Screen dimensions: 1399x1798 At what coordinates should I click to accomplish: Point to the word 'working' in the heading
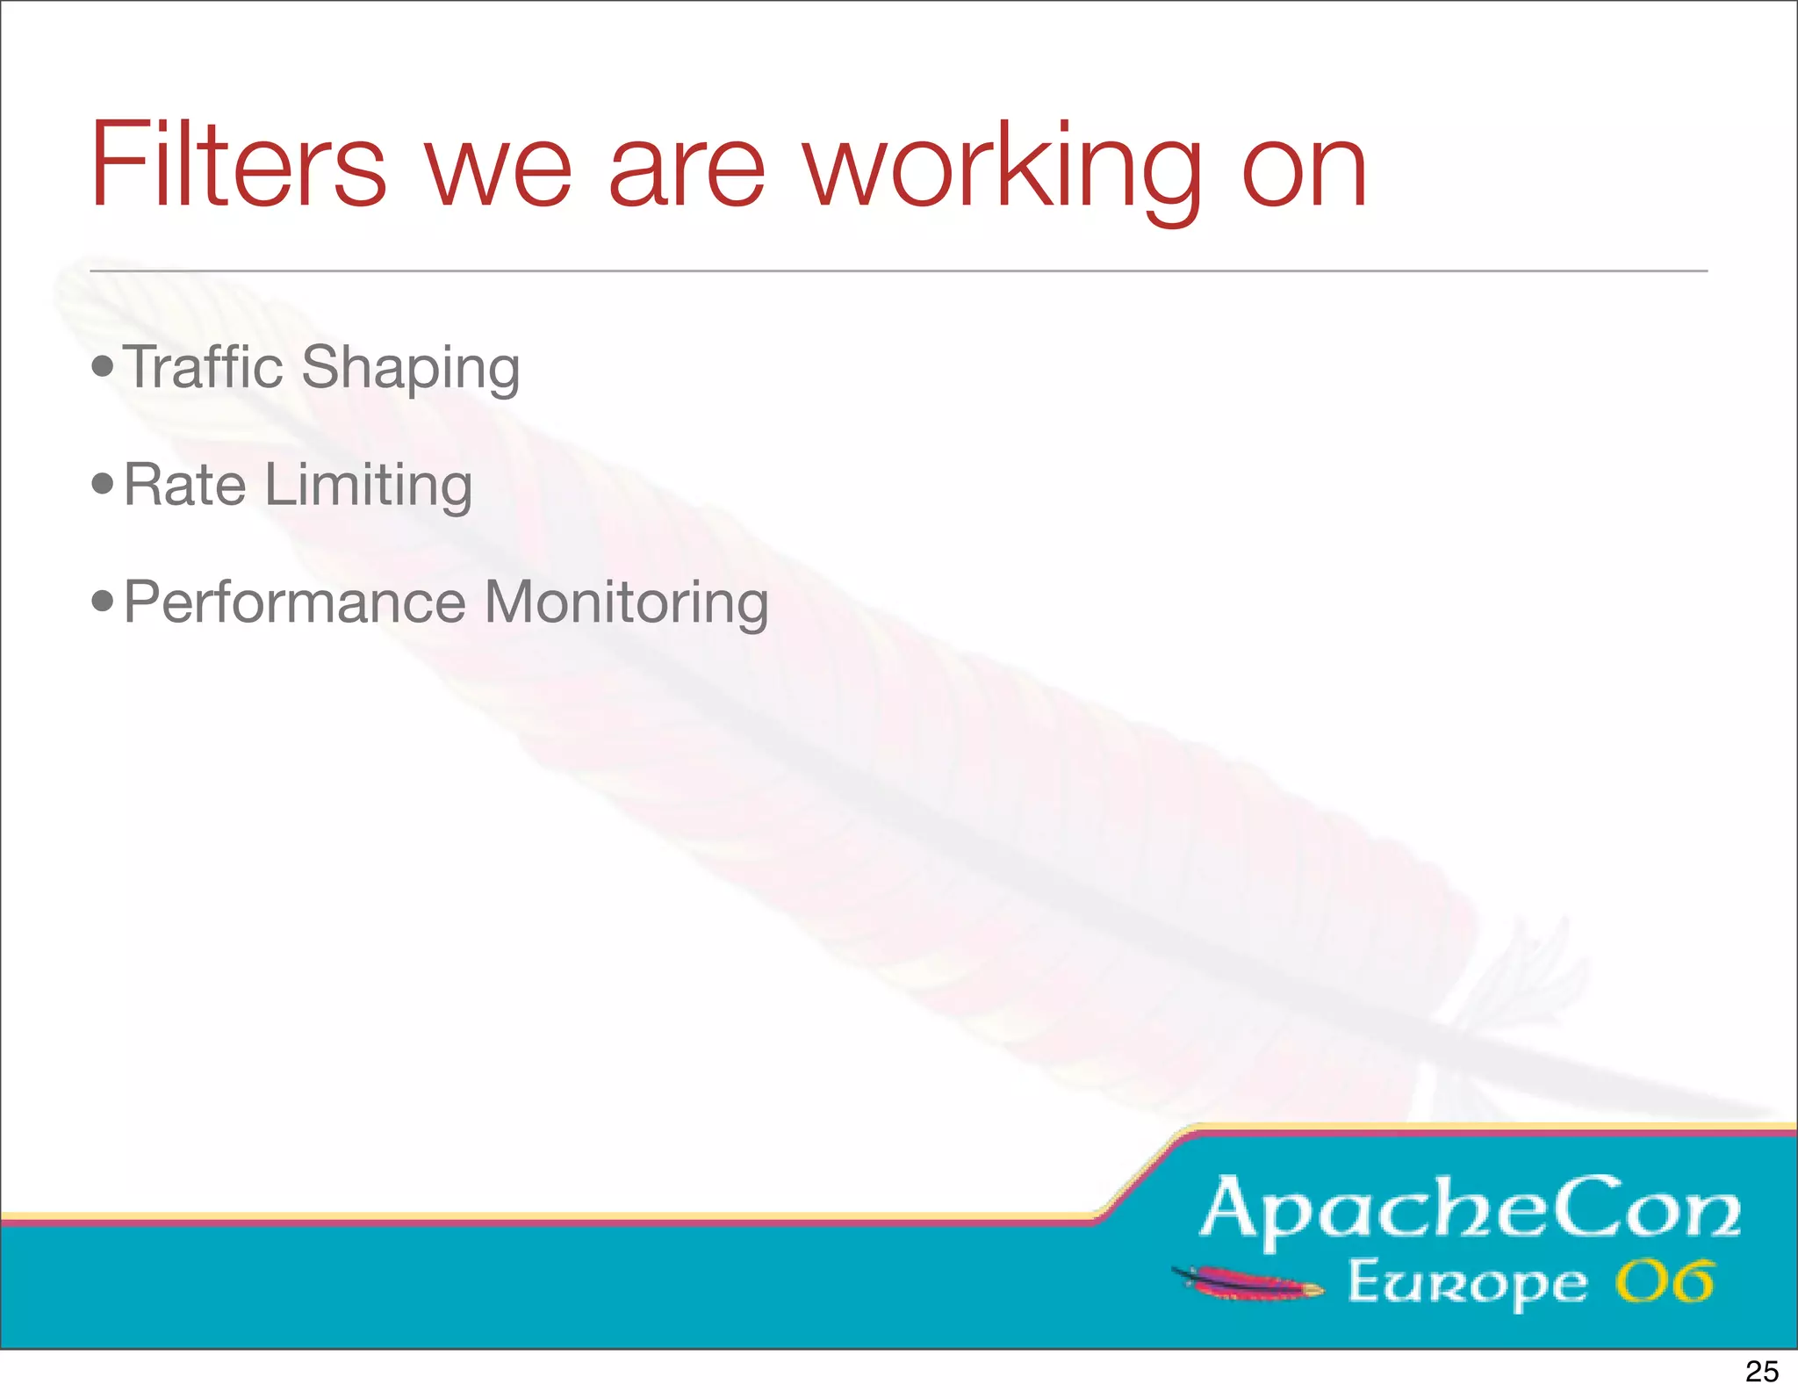(x=1003, y=171)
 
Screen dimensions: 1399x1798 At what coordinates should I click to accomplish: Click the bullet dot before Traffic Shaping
(x=103, y=365)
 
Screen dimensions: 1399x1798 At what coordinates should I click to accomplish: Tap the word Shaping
(x=410, y=369)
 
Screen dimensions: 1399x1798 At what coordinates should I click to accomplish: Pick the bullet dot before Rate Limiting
(x=103, y=483)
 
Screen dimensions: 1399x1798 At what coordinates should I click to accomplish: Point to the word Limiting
(x=368, y=487)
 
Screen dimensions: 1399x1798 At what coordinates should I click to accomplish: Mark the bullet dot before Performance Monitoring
(x=103, y=602)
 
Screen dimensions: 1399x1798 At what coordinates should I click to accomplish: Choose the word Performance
(x=295, y=603)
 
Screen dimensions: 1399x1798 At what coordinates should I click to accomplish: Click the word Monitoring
(x=626, y=604)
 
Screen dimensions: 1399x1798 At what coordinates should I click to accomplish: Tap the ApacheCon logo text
(x=1470, y=1210)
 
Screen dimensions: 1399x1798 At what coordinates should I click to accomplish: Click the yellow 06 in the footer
(x=1665, y=1282)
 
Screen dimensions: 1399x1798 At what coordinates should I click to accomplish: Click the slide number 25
(x=1761, y=1372)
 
